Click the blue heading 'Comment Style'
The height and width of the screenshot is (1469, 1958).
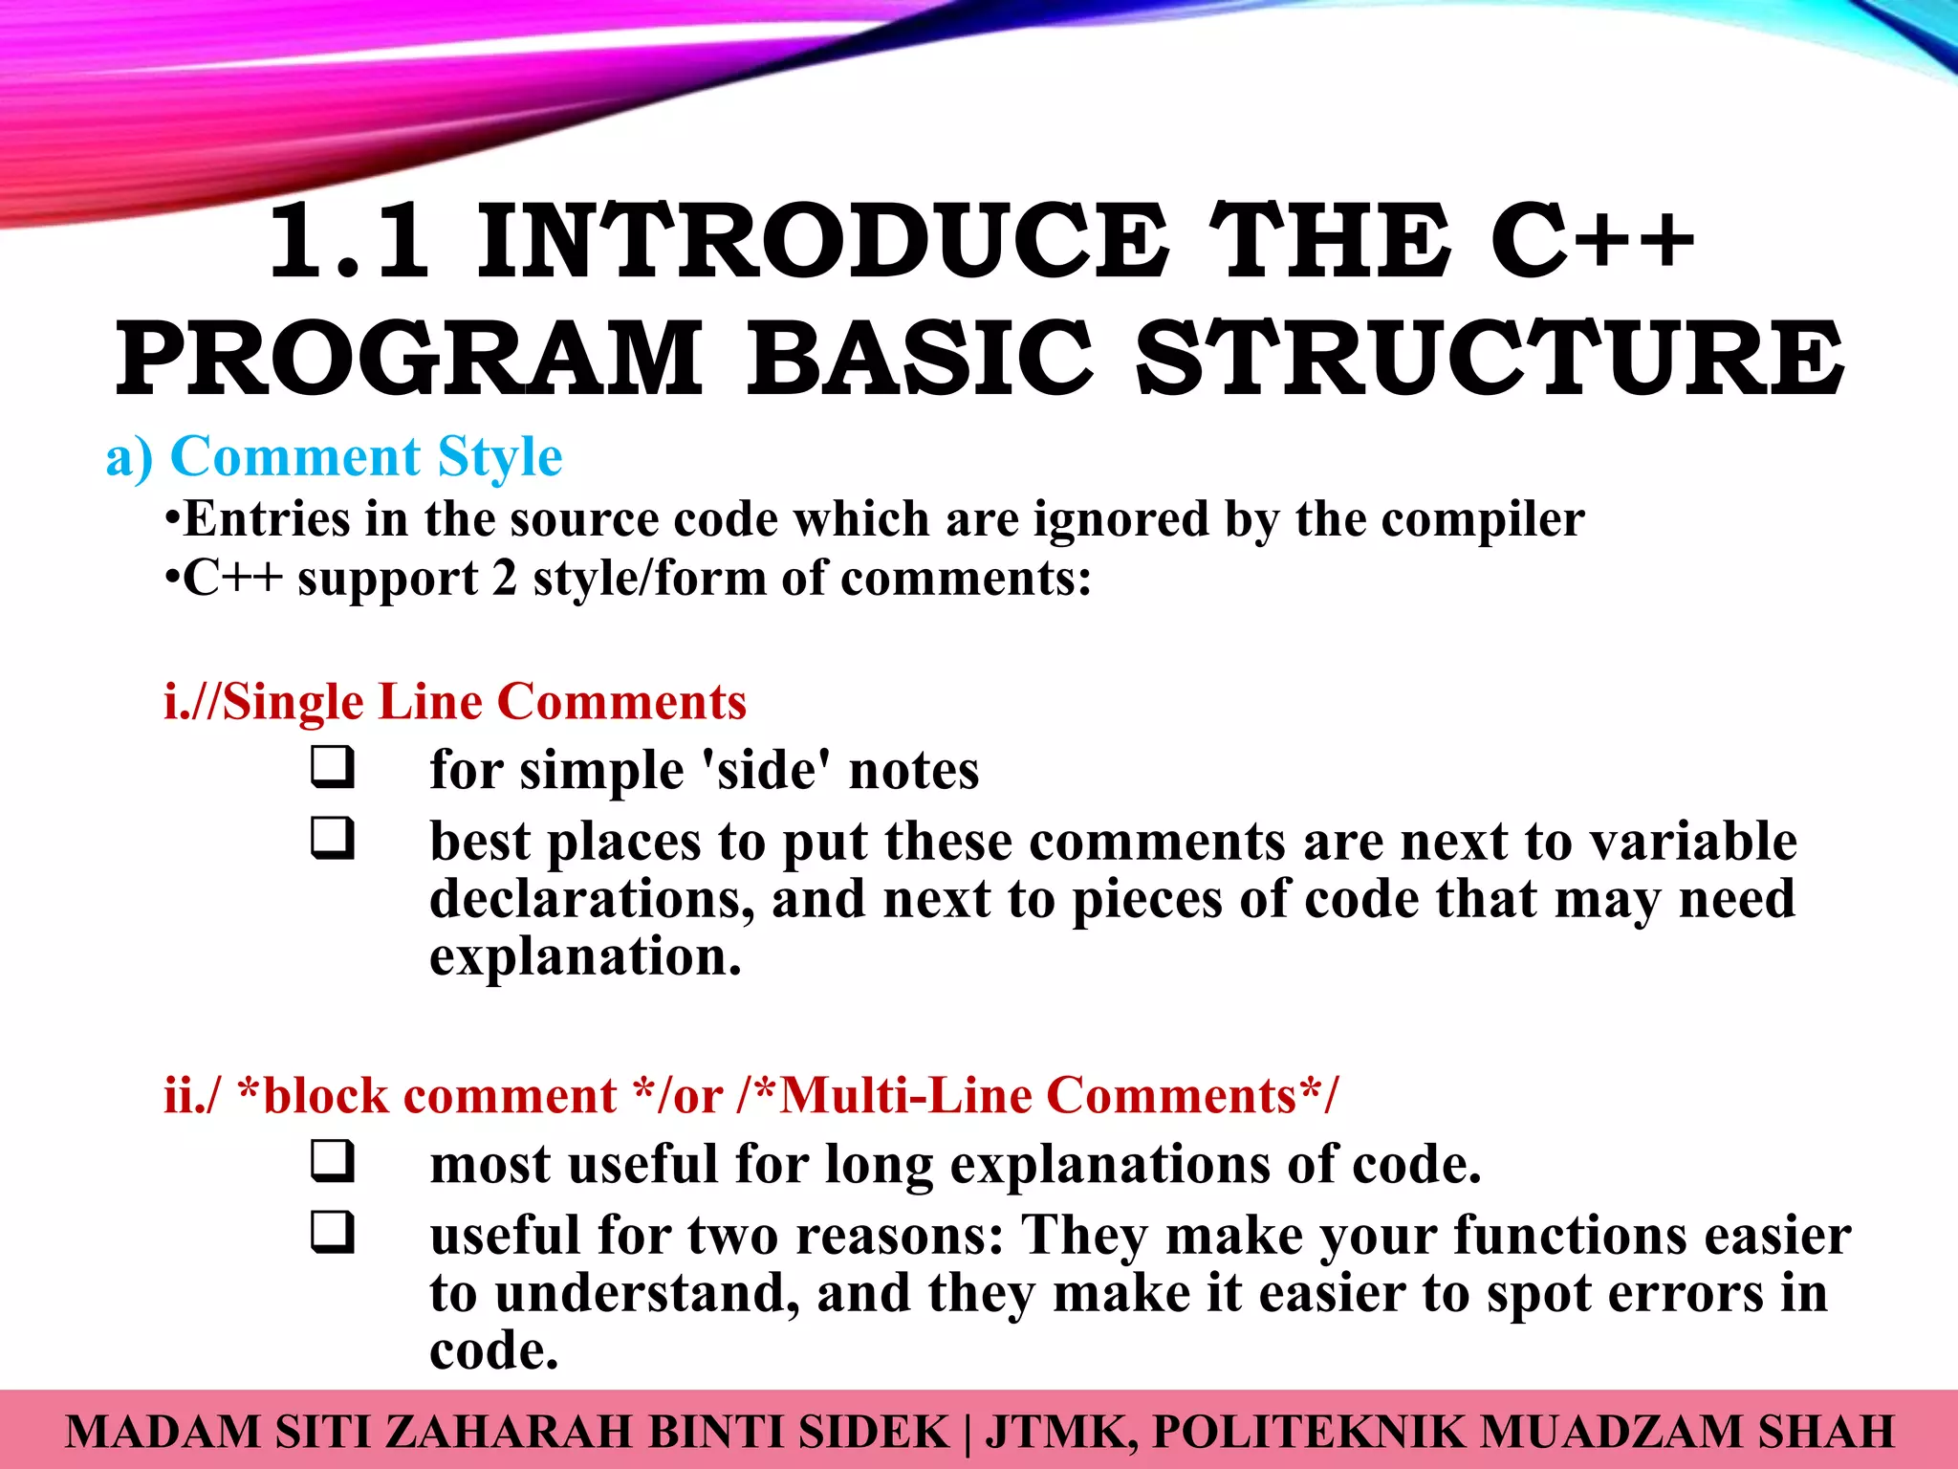(x=365, y=457)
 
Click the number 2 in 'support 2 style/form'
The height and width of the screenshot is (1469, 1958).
(x=505, y=579)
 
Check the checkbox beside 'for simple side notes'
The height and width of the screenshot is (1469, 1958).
(x=332, y=768)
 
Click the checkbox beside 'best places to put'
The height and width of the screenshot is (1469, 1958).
(x=332, y=839)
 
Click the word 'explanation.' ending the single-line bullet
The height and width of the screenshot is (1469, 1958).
(x=585, y=956)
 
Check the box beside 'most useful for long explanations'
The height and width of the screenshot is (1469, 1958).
(x=332, y=1162)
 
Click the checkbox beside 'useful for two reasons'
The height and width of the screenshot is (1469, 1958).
(x=332, y=1233)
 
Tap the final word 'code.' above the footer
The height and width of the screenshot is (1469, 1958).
(x=493, y=1350)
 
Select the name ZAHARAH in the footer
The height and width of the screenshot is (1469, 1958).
(x=507, y=1433)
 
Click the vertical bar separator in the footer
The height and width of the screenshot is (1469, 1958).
(x=968, y=1433)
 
